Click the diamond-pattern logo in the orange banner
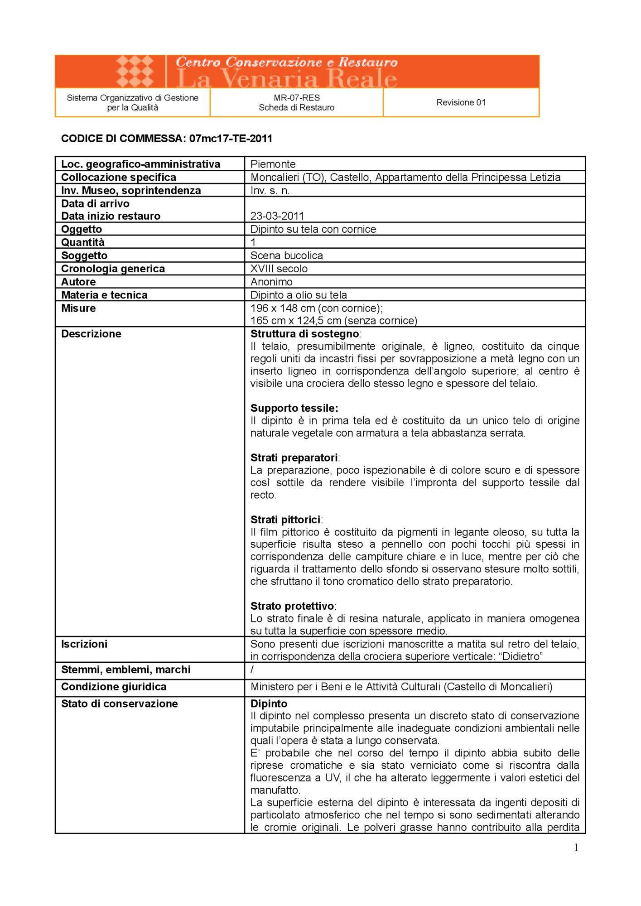135,71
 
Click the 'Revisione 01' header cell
461,102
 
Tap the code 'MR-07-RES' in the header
297,97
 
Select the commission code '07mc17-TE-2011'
231,139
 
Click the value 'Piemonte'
273,164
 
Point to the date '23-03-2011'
277,216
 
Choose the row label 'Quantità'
83,242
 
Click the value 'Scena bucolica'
287,255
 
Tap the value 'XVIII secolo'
279,269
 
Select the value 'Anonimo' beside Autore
271,282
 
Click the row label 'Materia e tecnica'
104,295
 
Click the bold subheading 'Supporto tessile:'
294,408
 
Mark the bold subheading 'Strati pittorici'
285,520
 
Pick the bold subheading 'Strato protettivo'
292,606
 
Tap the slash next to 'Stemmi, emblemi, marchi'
252,670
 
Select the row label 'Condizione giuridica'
114,687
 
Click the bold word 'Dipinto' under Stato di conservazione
269,704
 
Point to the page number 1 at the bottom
576,848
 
